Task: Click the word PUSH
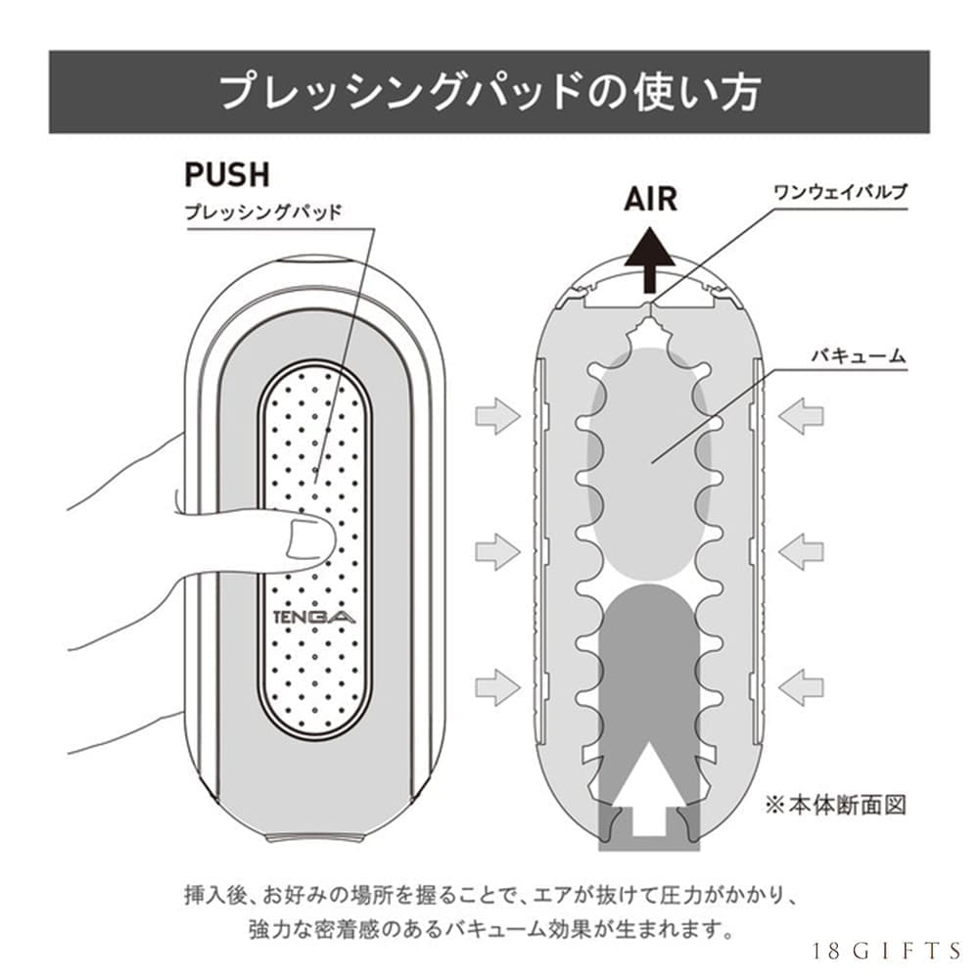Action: click(x=226, y=174)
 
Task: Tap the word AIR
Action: click(x=650, y=199)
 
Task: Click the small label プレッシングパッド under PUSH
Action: click(x=263, y=211)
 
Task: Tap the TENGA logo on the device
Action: click(x=315, y=617)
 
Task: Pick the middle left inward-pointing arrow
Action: click(x=497, y=551)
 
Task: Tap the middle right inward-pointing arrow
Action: click(x=801, y=551)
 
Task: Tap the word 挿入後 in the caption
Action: click(x=209, y=894)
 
